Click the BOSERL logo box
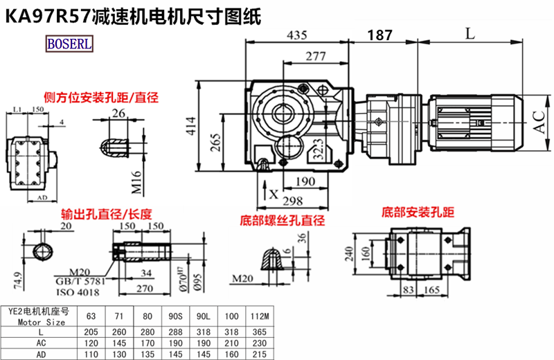point(69,44)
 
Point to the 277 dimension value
point(316,56)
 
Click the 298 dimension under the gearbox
point(294,201)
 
